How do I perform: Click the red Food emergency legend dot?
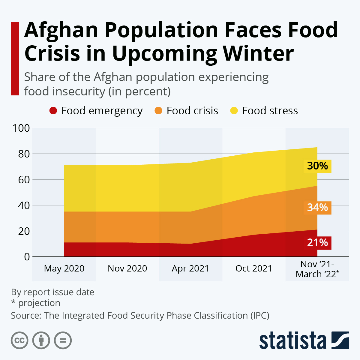[53, 111]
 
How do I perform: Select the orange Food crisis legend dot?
[158, 111]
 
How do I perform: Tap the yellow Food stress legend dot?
[234, 111]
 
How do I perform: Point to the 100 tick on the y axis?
[21, 128]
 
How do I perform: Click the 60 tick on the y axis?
[21, 180]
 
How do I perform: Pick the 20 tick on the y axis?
[21, 231]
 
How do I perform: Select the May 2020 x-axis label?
[64, 268]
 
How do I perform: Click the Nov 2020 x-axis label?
[127, 268]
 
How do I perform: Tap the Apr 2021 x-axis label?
[190, 268]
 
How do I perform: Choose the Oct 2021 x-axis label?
[254, 268]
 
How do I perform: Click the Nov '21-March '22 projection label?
[317, 269]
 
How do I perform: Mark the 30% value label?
[317, 166]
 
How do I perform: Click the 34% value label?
[317, 208]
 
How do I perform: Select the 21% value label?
[317, 242]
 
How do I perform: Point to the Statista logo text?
[292, 341]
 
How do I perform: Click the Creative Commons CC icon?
[19, 340]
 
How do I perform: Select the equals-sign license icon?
[63, 340]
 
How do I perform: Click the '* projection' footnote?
[36, 303]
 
